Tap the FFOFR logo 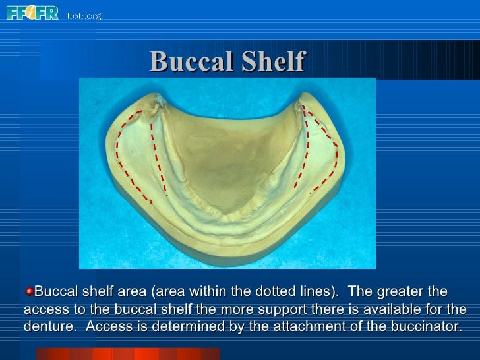[33, 13]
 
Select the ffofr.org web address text [84, 15]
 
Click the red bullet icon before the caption [29, 291]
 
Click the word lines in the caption [290, 291]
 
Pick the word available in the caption [387, 309]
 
